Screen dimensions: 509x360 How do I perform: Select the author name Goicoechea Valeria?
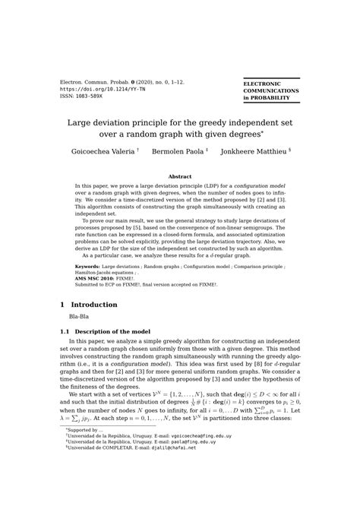pos(103,152)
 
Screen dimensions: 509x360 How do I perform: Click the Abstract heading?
pos(180,176)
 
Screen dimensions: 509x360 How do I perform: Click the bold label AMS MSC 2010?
pos(95,278)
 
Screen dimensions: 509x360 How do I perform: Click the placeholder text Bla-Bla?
pos(80,316)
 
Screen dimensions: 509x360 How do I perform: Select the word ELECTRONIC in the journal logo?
pos(262,84)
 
